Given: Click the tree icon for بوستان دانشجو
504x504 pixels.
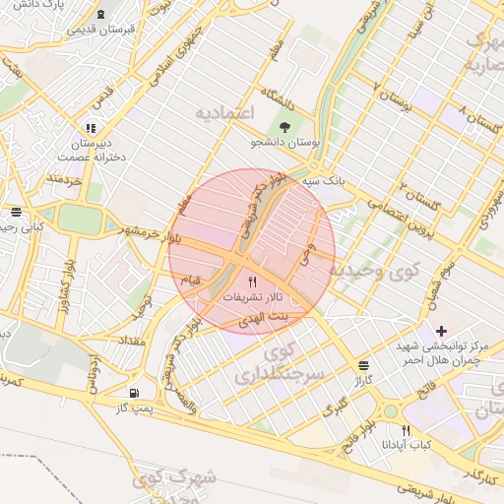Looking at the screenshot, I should click(x=285, y=127).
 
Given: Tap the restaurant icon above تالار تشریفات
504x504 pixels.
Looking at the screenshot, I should click(x=253, y=282).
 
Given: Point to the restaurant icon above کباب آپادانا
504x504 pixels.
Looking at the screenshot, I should click(x=406, y=430).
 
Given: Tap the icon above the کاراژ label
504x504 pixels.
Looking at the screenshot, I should click(x=365, y=362).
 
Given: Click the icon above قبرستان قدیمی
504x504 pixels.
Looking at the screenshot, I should click(x=103, y=14).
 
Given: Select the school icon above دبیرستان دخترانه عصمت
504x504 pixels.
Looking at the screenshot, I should click(x=91, y=127).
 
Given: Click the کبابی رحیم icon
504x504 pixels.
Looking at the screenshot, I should click(x=16, y=212).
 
